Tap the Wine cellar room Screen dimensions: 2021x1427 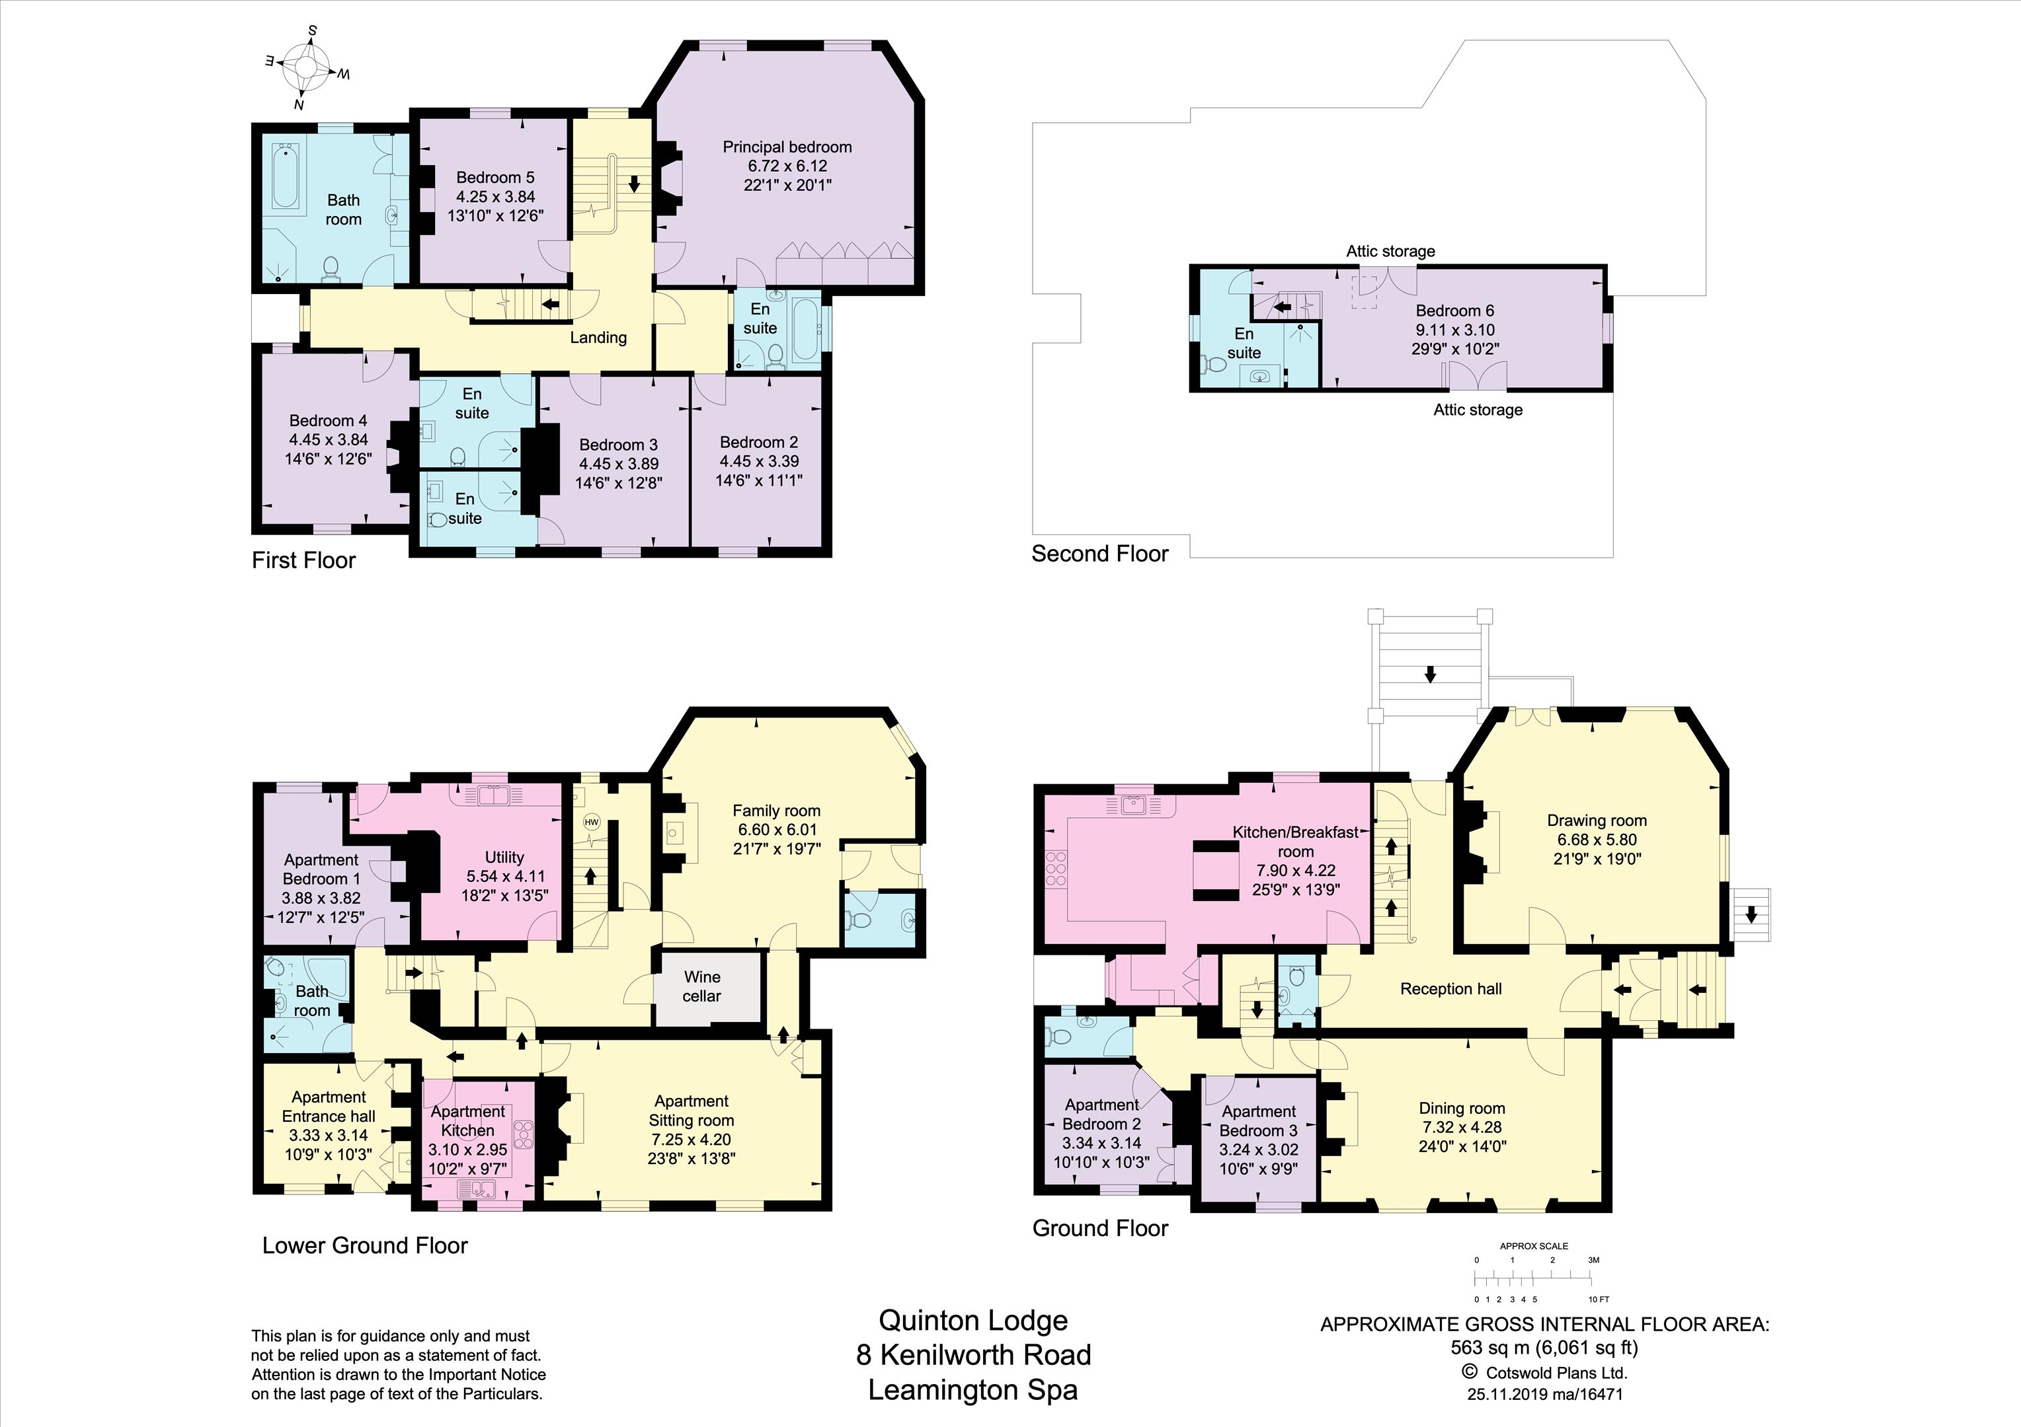tap(707, 986)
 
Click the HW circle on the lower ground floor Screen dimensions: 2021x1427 tap(592, 823)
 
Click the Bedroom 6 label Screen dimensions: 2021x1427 tap(1455, 311)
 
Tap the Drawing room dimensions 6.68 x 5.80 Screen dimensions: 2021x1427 tap(1597, 839)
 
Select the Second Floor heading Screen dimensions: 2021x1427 tap(1099, 554)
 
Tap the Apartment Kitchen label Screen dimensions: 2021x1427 tap(467, 1121)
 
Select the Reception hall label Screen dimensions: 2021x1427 tap(1450, 989)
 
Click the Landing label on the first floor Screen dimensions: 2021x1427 tap(598, 337)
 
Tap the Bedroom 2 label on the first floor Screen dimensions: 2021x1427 tap(759, 442)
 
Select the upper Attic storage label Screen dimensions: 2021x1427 tap(1391, 251)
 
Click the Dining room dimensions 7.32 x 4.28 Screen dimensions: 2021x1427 tap(1461, 1127)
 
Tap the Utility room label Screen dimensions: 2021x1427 tap(504, 857)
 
